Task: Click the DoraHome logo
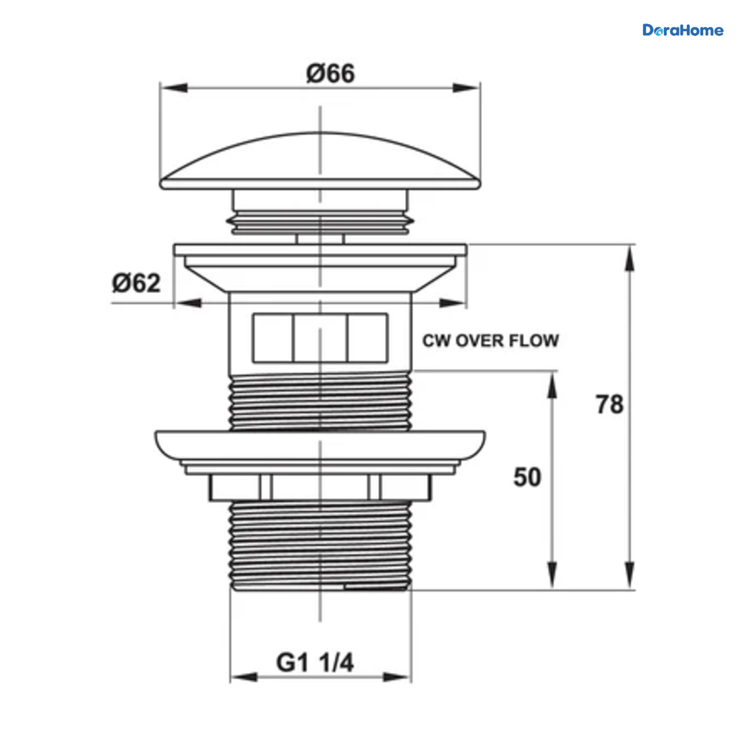683,30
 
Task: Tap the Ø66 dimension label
330,73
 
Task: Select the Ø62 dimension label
136,283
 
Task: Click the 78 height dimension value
609,405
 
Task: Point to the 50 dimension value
527,477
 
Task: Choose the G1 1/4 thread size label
315,663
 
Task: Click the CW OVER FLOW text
490,341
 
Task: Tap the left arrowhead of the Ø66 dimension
174,88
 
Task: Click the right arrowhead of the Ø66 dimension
466,88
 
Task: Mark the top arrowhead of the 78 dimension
630,259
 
